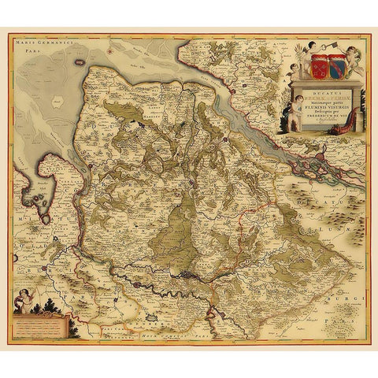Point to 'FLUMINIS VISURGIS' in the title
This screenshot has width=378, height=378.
(x=324, y=106)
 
